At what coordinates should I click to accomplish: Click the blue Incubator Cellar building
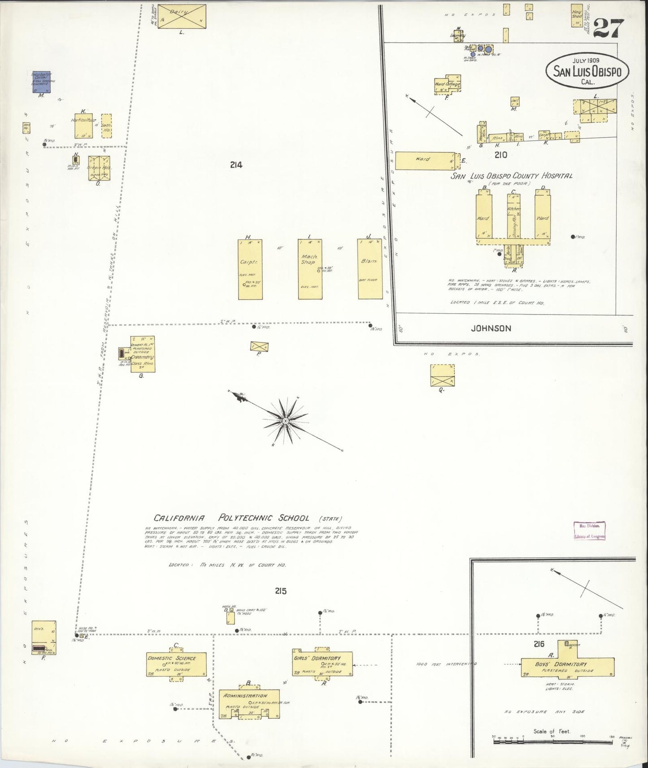38,81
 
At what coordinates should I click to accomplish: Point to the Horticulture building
83,125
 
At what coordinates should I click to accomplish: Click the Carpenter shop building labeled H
250,269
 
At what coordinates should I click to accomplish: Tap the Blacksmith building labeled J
370,269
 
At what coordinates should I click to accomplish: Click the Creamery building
142,353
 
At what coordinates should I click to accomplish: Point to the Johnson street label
491,328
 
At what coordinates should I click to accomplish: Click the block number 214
236,165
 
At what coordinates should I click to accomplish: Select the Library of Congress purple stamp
589,530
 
